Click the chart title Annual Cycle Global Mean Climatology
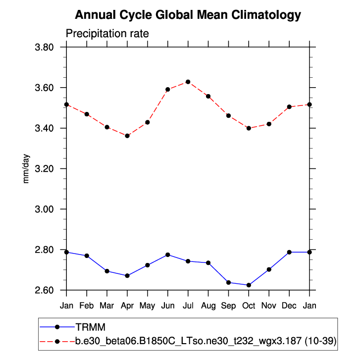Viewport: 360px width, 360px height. pos(188,15)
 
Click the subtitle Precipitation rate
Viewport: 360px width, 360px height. pos(107,34)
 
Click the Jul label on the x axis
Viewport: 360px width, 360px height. pos(188,306)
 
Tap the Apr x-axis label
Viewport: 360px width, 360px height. pos(127,306)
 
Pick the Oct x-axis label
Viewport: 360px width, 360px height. pos(249,306)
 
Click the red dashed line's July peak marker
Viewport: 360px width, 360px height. pos(188,82)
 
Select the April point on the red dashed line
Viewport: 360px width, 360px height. pos(127,136)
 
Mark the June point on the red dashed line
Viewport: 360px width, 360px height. pos(168,90)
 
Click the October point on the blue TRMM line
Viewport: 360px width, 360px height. pos(249,285)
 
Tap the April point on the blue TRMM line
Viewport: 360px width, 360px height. pos(127,275)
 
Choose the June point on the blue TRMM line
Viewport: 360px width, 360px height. pos(168,255)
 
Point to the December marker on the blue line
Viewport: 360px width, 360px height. pos(289,252)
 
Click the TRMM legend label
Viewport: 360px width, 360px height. pos(91,327)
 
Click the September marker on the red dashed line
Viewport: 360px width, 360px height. pos(228,116)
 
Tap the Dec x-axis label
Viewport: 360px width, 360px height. pos(289,306)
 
